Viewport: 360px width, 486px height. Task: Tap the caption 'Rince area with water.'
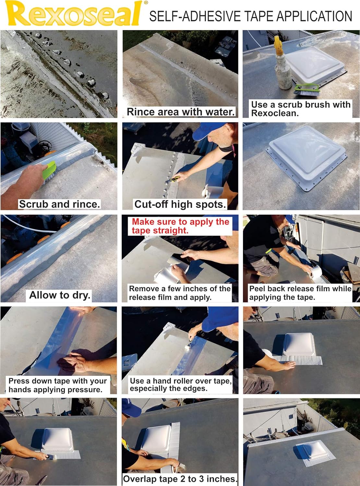181,112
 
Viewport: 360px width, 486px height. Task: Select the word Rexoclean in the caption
274,113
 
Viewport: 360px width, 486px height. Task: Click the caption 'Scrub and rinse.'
59,204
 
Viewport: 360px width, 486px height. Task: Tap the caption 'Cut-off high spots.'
180,204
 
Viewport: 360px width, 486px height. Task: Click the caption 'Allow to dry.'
60,295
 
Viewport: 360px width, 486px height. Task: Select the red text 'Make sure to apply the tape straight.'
180,226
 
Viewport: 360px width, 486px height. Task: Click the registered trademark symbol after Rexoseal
146,3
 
